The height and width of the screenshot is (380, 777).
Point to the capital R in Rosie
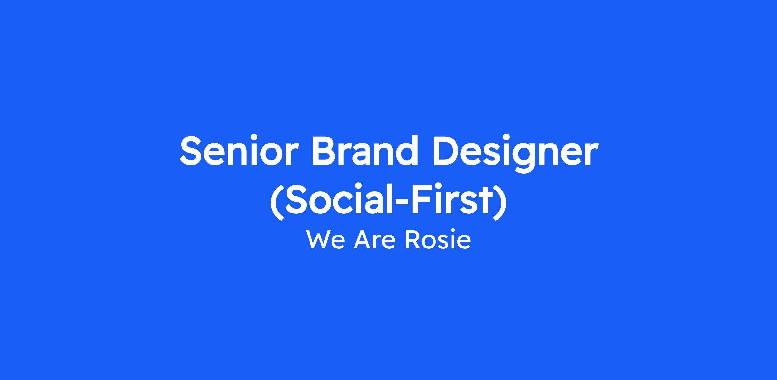pyautogui.click(x=412, y=240)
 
